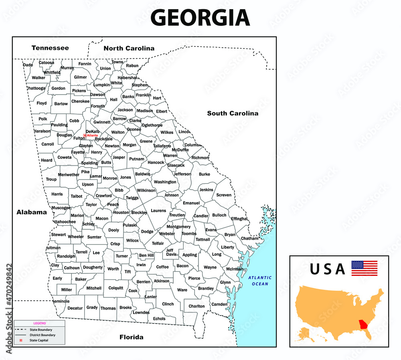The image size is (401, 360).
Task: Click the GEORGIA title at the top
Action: (200, 18)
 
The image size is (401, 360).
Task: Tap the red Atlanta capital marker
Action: (85, 136)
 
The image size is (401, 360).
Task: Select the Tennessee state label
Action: (50, 48)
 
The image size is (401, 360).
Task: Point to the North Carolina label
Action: (129, 48)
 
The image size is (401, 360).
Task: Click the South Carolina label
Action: (233, 113)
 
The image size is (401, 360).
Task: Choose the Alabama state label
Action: (32, 212)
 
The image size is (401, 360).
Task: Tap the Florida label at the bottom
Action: (131, 337)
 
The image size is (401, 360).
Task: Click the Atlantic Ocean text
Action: (259, 281)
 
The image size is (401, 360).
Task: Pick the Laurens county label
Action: (158, 210)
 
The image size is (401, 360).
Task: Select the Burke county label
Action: (204, 174)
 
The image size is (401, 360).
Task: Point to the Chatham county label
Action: (249, 239)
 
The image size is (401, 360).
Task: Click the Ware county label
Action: (182, 290)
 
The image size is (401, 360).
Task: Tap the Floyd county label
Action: (42, 103)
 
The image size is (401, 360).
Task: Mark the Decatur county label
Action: (75, 308)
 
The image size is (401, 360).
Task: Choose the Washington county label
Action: (165, 182)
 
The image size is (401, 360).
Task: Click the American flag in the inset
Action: (364, 268)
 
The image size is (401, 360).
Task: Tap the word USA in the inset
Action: (327, 269)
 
